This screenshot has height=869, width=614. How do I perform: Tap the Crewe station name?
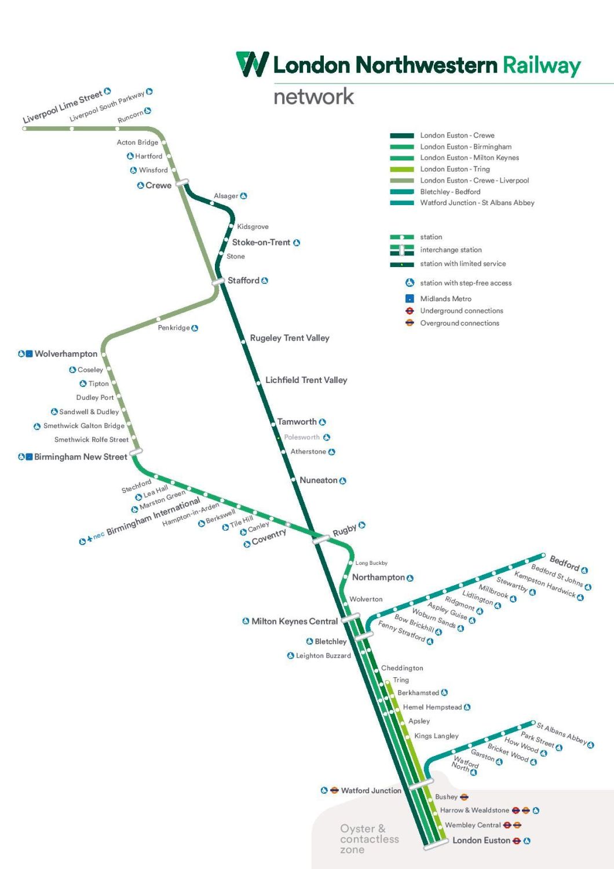[x=158, y=185]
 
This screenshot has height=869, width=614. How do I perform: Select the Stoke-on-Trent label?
[x=261, y=242]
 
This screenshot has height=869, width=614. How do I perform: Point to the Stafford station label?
[x=243, y=280]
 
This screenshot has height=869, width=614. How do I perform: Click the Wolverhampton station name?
[x=66, y=354]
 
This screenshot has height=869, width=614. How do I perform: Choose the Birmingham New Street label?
[x=81, y=457]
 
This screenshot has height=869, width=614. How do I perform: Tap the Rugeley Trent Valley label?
[x=290, y=338]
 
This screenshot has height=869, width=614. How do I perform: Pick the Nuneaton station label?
[x=318, y=480]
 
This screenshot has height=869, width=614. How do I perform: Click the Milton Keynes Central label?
[x=294, y=622]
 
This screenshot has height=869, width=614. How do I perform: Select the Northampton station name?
[x=378, y=578]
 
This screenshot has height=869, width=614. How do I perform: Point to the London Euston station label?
[x=481, y=841]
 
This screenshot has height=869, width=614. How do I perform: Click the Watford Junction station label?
[x=371, y=791]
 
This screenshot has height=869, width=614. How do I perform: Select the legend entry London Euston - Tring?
[x=455, y=169]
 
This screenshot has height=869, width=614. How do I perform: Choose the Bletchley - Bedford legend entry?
[x=450, y=192]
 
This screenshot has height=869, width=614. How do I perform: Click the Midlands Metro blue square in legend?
[x=410, y=299]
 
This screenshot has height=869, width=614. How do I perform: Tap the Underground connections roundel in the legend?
[x=410, y=311]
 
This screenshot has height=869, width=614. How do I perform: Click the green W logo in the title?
[x=253, y=64]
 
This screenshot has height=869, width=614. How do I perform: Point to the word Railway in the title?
[x=542, y=65]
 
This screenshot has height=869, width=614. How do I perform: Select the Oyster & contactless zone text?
[x=369, y=839]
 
